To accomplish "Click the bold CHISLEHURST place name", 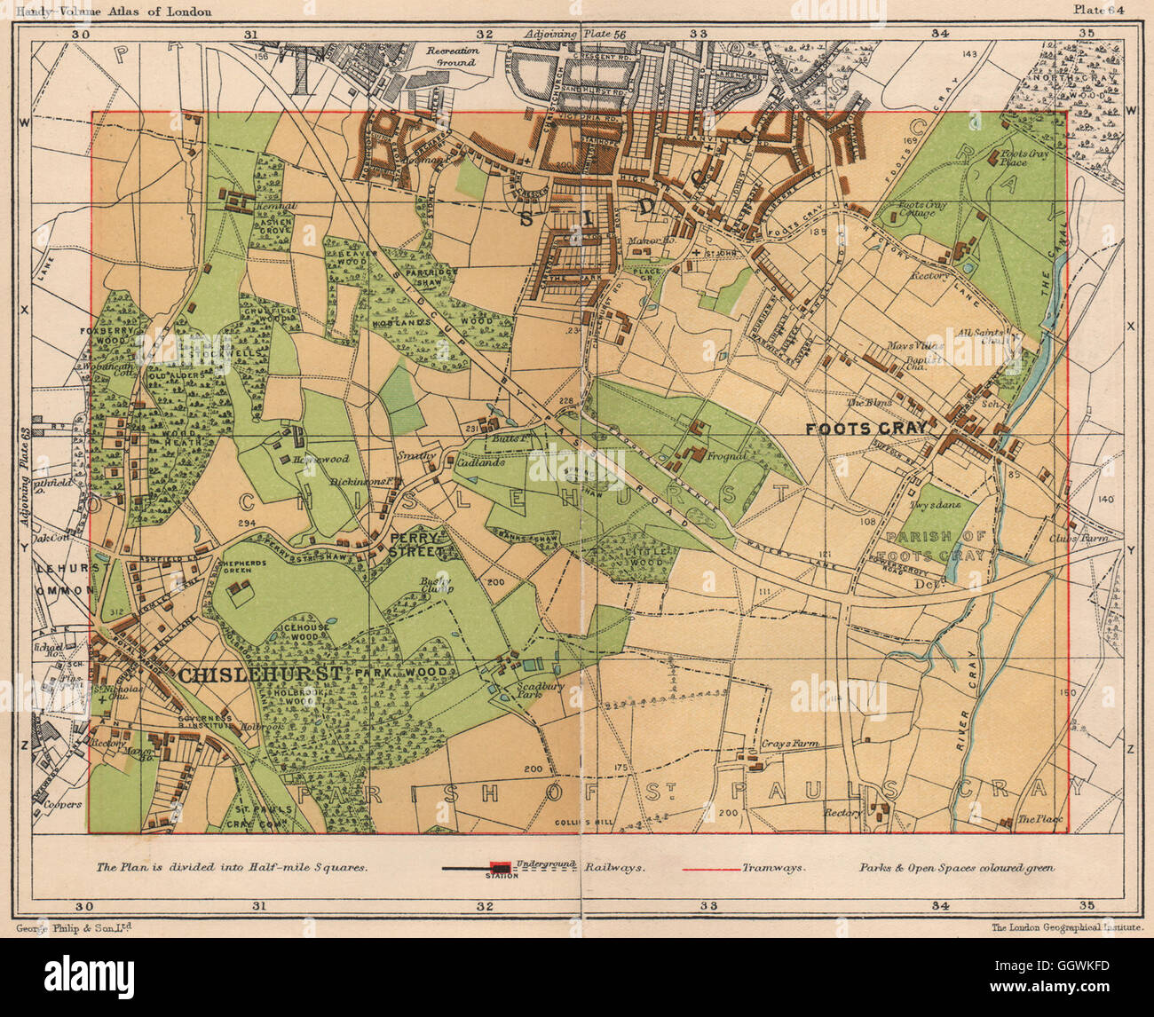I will (x=260, y=675).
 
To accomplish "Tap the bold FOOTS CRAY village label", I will (x=866, y=428).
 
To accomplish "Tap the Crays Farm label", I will (x=788, y=744).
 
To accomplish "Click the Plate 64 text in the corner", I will (x=1099, y=10).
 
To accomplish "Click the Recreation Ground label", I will (x=452, y=57).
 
